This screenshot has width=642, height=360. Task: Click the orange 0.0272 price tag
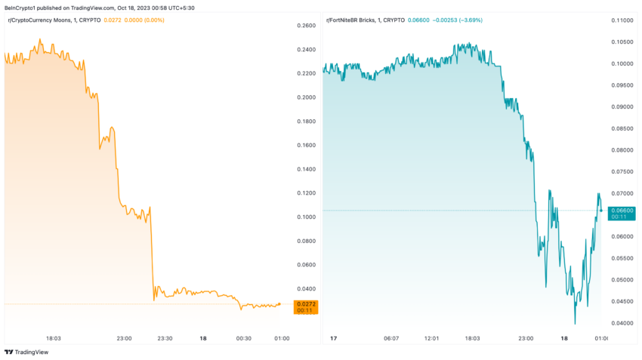tap(306, 304)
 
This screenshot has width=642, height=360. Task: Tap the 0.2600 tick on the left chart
tap(307, 26)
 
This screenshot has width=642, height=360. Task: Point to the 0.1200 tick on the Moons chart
tap(307, 193)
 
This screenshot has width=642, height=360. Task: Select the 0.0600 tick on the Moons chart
tap(307, 265)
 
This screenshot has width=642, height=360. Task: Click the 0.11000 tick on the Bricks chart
tap(623, 20)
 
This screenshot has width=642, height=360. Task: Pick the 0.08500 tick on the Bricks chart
tap(623, 128)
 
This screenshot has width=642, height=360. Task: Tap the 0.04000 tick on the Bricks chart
tap(623, 323)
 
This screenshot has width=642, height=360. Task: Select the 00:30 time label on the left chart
tap(243, 338)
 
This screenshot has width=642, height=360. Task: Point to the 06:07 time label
tap(390, 338)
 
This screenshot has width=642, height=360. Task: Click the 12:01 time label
tap(432, 338)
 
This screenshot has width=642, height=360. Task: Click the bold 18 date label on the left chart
tap(202, 338)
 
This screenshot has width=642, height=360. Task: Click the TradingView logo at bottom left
tap(23, 352)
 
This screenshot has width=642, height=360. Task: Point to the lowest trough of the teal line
tap(575, 324)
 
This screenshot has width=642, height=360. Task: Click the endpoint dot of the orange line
tap(279, 304)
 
